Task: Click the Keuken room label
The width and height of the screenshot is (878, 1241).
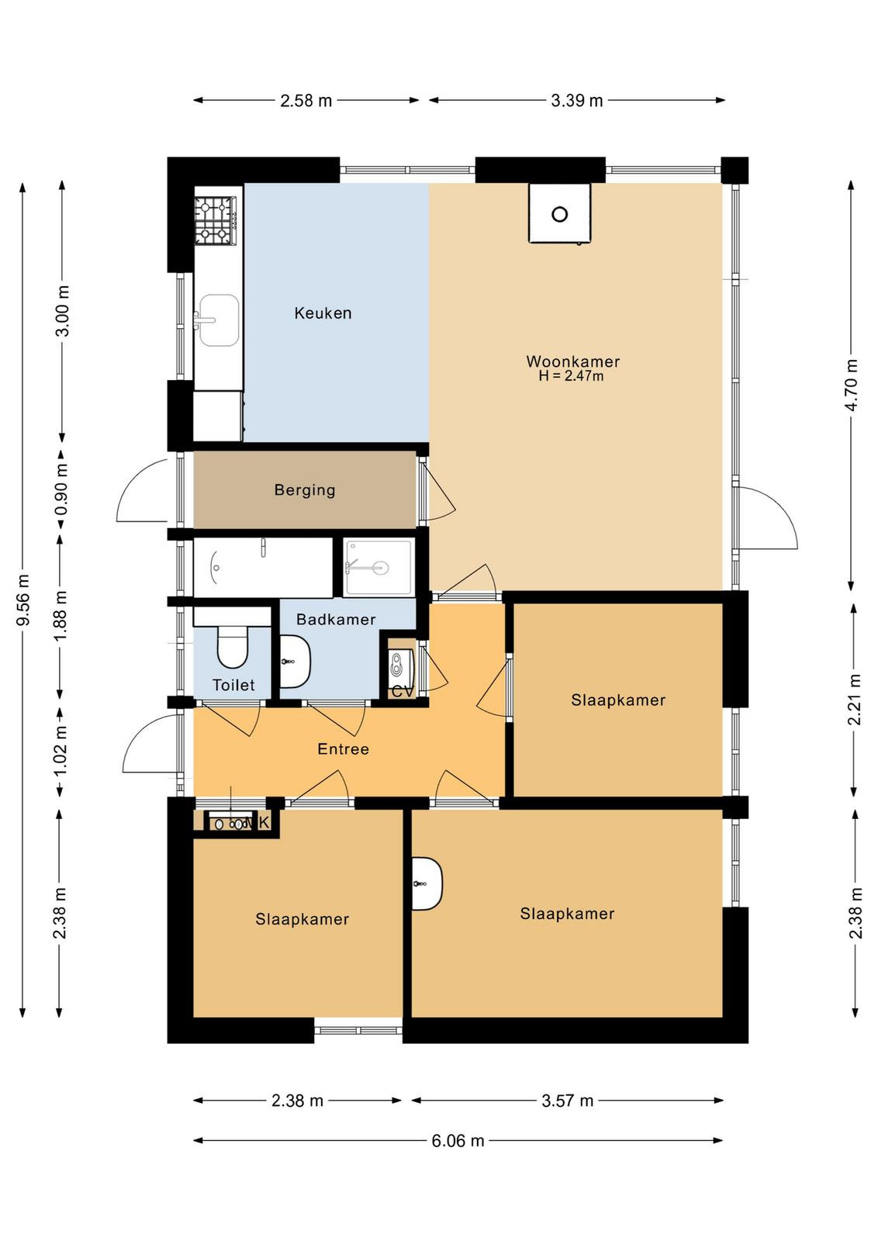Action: click(323, 313)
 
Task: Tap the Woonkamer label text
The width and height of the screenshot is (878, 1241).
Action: click(572, 361)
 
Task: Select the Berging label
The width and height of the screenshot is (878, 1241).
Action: click(305, 489)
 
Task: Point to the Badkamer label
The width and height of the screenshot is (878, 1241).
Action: click(336, 620)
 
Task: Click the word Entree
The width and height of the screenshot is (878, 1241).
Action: click(343, 749)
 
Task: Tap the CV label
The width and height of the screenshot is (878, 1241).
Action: click(403, 692)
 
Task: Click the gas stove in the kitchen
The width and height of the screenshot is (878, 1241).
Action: click(216, 221)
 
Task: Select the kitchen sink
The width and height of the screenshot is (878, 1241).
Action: click(218, 320)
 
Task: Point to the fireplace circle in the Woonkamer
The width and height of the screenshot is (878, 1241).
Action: click(559, 214)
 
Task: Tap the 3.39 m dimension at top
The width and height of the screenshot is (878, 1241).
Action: click(576, 101)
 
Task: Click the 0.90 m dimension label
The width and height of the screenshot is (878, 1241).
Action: click(62, 489)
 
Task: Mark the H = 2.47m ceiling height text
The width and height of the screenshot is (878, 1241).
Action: click(571, 377)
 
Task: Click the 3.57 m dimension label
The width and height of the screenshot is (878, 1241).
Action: click(567, 1101)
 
